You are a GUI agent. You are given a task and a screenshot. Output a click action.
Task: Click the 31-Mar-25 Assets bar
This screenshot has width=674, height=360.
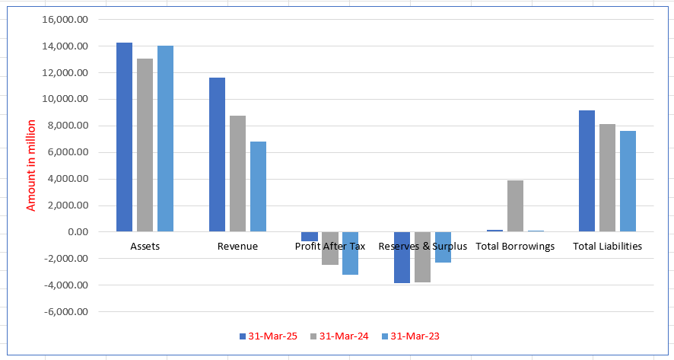click(x=124, y=137)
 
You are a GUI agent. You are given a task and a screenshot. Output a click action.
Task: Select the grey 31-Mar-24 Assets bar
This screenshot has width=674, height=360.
click(x=145, y=145)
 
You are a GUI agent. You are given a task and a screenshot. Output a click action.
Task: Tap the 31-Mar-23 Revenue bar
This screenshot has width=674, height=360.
click(x=258, y=186)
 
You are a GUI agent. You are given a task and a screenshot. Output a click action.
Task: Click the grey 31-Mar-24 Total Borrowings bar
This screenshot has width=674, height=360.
click(x=515, y=206)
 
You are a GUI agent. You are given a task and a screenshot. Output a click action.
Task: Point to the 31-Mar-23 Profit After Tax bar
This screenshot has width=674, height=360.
click(x=350, y=253)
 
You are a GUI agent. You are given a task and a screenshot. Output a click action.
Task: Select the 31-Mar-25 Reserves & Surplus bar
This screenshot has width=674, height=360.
click(x=402, y=257)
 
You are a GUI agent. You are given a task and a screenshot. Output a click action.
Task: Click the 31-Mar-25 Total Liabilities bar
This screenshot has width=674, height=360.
click(x=587, y=170)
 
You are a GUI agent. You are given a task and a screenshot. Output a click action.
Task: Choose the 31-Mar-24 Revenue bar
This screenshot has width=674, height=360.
click(x=237, y=174)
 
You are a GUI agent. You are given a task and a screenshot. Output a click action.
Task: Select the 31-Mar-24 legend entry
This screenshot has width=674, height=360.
click(x=338, y=336)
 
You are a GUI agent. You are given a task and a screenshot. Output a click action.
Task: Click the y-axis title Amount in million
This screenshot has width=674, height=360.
click(x=31, y=165)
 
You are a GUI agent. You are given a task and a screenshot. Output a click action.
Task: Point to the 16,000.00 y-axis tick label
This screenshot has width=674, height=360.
click(x=67, y=20)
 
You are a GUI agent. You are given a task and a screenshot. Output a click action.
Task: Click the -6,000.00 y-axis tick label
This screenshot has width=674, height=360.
click(x=67, y=311)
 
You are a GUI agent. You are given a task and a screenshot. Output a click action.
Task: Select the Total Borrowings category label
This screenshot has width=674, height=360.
click(x=515, y=247)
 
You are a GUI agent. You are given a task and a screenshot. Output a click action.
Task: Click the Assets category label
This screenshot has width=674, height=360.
click(x=145, y=247)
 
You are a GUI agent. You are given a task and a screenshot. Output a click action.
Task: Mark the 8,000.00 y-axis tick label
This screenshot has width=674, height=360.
click(x=69, y=126)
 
